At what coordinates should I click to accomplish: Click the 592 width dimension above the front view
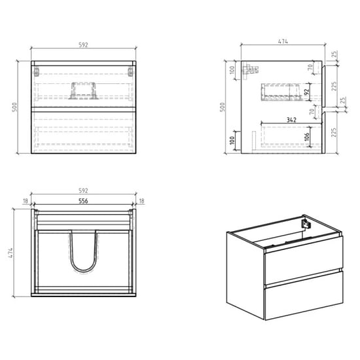coord(83,45)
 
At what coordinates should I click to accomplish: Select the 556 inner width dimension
coord(83,201)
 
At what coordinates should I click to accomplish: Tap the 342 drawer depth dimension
coord(291,120)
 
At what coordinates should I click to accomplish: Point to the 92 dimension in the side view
coord(306,92)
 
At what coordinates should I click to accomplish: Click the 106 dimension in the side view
coord(306,137)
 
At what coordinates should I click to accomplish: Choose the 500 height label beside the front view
coord(14,107)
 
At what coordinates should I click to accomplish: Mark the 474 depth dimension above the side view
coord(283,41)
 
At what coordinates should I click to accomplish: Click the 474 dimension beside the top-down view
coord(10,253)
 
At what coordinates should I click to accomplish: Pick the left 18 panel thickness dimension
coord(26,201)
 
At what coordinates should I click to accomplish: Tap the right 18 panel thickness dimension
coord(141,201)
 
